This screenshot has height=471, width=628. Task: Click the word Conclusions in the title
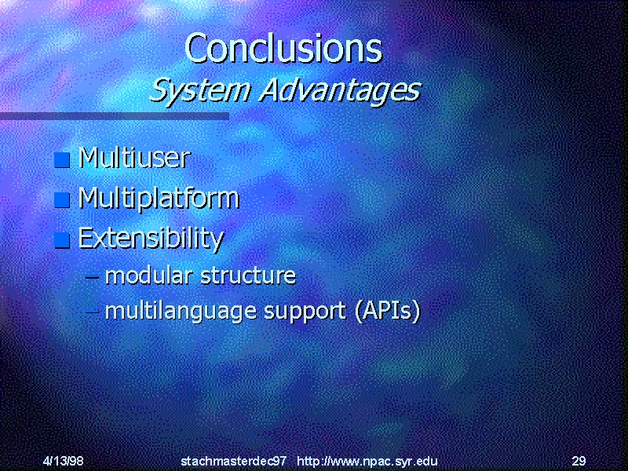[283, 48]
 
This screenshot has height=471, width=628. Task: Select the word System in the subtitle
[200, 91]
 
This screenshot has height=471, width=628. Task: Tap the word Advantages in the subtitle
[341, 91]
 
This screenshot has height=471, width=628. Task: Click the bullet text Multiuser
[134, 158]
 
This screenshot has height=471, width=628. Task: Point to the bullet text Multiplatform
[159, 199]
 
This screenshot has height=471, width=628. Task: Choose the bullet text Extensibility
[151, 239]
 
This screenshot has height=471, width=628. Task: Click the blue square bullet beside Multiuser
[62, 160]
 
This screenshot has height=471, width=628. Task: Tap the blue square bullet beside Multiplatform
[62, 200]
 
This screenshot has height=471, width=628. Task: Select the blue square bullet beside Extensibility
[62, 240]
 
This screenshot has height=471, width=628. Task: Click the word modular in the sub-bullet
[148, 276]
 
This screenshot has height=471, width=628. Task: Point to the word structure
[248, 276]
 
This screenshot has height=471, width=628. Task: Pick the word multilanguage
[181, 312]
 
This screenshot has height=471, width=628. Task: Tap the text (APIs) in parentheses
[388, 311]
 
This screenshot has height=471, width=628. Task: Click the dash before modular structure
[92, 276]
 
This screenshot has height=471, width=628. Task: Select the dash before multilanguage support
[92, 312]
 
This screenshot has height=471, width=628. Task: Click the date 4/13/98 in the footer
[64, 461]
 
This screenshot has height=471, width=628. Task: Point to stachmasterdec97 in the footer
[233, 461]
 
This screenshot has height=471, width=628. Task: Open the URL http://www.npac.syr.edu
[367, 461]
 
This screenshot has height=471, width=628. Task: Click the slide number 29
[579, 461]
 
